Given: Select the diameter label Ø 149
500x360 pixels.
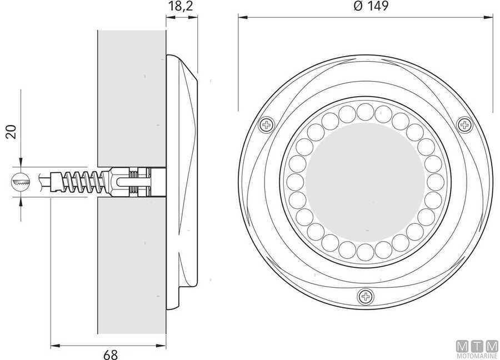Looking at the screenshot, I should (x=366, y=6).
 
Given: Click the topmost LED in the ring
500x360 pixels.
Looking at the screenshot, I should (x=365, y=111).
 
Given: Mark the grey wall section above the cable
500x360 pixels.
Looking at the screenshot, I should (x=131, y=94).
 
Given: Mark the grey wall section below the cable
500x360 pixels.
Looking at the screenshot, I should (x=131, y=267).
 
